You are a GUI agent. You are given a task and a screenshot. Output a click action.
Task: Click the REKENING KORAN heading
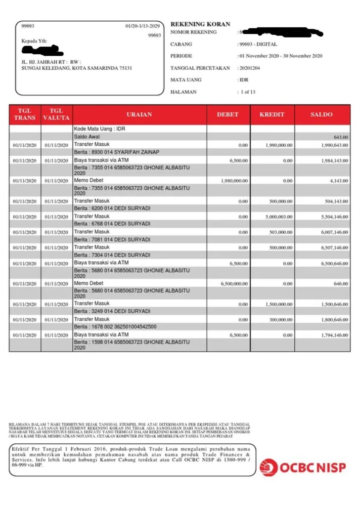tap(200, 24)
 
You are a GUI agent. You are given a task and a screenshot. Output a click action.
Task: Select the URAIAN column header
tap(139, 115)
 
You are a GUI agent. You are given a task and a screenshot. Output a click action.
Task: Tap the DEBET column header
tap(227, 115)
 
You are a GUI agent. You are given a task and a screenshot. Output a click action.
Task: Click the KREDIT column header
tap(272, 115)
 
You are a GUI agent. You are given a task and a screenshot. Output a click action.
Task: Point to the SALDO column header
tap(322, 115)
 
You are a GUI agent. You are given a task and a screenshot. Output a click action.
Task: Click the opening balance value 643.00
tap(341, 137)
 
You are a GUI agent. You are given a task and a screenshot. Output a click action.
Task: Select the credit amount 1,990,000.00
tap(278, 145)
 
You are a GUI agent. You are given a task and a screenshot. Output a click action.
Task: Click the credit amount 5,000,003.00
tap(278, 217)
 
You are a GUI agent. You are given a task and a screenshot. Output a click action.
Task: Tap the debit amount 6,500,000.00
tap(234, 284)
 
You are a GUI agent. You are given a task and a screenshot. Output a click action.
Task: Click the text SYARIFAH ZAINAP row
tap(117, 152)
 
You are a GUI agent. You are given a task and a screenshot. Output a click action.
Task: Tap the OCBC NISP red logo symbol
tap(269, 467)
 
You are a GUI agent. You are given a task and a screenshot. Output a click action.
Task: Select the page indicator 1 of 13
tap(247, 92)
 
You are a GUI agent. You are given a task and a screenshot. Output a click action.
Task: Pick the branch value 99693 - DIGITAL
tap(258, 44)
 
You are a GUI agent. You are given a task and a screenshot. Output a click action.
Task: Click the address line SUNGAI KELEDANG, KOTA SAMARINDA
tap(77, 68)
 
